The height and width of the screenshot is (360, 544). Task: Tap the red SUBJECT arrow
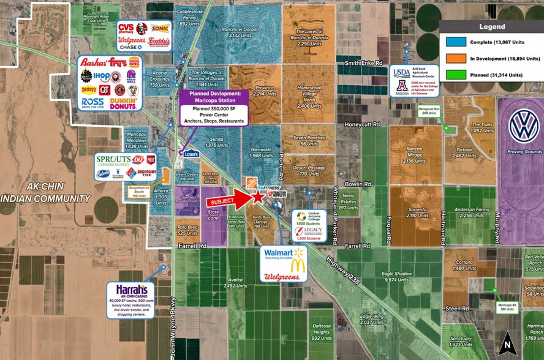[x=227, y=201]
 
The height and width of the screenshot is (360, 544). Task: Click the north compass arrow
[x=505, y=346]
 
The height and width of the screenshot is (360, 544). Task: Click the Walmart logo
[x=284, y=253]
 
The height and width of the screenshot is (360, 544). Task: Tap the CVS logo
[x=126, y=28]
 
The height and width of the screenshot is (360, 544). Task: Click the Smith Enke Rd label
[x=368, y=63]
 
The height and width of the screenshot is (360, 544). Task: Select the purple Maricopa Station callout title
[x=211, y=97]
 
